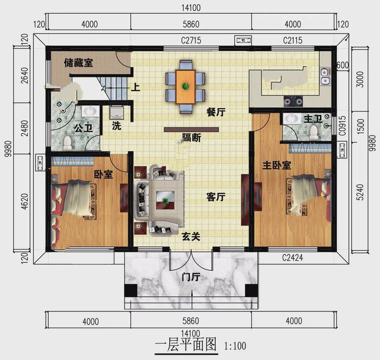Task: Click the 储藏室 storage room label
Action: [x=78, y=63]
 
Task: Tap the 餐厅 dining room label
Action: [x=216, y=113]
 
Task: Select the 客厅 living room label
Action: [x=216, y=197]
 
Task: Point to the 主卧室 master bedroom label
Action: [x=276, y=166]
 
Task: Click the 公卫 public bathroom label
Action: [x=83, y=128]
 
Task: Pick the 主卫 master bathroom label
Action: [x=313, y=119]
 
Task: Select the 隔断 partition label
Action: [x=191, y=137]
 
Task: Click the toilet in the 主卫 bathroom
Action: [x=314, y=132]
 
